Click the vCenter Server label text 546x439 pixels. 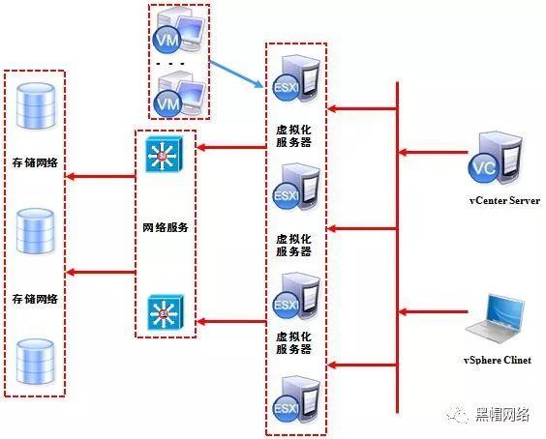point(503,201)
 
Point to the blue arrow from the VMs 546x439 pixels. point(237,72)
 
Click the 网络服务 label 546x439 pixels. point(165,229)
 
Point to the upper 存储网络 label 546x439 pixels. point(34,162)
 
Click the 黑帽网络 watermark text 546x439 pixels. point(501,415)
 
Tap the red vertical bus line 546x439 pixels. point(398,242)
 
